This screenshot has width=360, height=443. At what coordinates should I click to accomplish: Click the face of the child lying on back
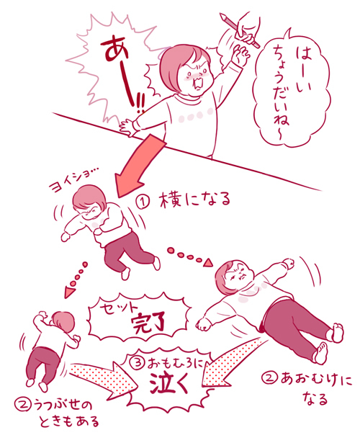coord(240,274)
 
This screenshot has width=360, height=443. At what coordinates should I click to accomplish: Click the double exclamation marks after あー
coord(135,105)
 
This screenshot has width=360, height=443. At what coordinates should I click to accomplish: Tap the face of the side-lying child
coord(91,209)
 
